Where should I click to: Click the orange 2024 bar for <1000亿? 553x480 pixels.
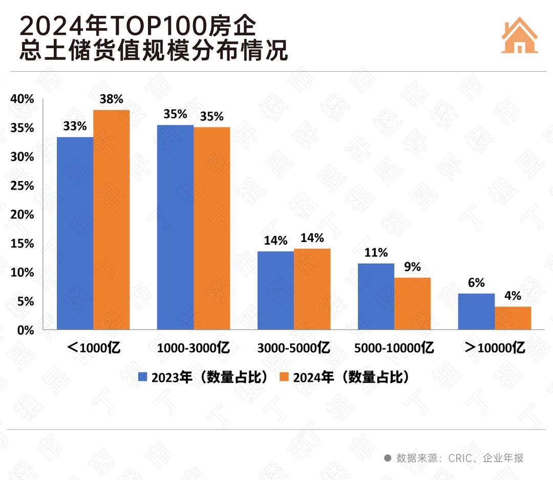(111, 220)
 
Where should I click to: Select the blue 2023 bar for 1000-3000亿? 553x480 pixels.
(175, 227)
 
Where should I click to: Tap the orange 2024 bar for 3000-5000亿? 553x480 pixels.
(312, 289)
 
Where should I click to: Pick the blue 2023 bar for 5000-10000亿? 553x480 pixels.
(376, 296)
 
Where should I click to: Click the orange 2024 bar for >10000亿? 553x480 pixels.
(513, 318)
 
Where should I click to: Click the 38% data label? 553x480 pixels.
(111, 100)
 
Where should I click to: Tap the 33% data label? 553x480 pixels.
(75, 126)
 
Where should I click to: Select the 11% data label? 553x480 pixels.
(376, 252)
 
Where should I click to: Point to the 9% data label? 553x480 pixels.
(412, 267)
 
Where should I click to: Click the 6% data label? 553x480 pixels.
(476, 282)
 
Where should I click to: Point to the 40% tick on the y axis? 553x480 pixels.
(23, 99)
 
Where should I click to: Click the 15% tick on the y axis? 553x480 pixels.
(23, 244)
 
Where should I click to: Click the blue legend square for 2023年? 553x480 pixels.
(143, 378)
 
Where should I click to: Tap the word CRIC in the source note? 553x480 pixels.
(460, 458)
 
